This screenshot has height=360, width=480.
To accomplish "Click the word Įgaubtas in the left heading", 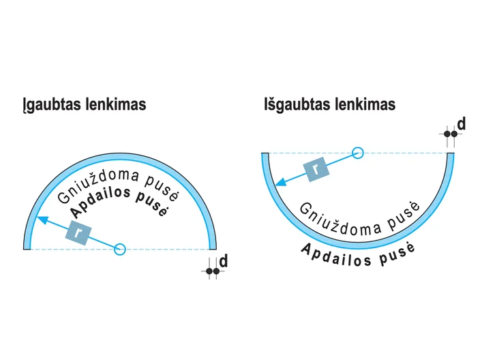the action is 52,105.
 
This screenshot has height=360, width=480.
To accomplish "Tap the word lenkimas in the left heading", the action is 116,104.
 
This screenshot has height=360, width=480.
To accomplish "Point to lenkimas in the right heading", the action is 365,104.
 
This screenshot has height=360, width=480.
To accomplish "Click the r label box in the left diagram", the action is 78,232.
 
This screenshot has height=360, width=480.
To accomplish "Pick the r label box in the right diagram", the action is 316,169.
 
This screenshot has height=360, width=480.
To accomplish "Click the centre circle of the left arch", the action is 120,249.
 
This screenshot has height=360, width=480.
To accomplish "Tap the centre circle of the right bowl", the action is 357,153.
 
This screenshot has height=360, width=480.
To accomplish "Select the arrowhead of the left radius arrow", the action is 42,220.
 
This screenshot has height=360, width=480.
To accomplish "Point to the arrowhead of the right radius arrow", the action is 280,181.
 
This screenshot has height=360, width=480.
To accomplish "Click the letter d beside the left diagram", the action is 224,261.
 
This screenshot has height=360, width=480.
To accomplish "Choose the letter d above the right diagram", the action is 462,124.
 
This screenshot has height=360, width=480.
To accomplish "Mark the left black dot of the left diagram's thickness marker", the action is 209,271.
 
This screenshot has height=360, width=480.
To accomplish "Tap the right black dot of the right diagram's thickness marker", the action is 454,134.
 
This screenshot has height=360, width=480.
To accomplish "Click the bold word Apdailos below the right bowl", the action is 336,255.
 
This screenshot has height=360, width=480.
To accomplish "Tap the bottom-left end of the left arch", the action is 27,249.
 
